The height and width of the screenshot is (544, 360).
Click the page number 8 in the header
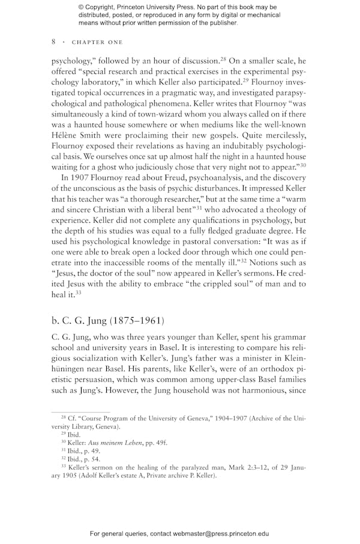pos(53,42)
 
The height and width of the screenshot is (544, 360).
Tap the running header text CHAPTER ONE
pos(97,43)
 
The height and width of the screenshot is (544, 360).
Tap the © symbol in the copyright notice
pos(82,7)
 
